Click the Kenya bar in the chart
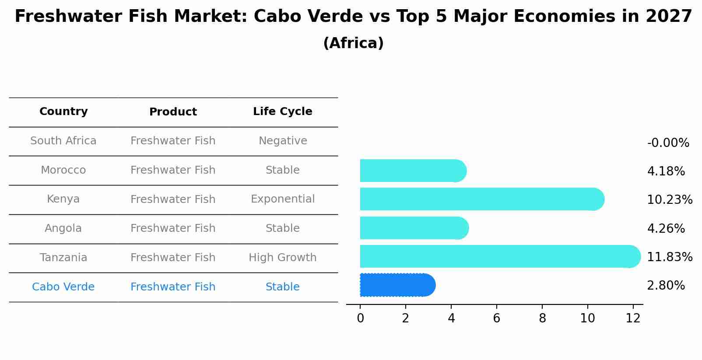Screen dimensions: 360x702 pyautogui.click(x=481, y=199)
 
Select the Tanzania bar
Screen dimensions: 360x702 pyautogui.click(x=499, y=256)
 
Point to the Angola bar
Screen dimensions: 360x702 pyautogui.click(x=414, y=228)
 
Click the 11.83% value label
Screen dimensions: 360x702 pyautogui.click(x=669, y=257)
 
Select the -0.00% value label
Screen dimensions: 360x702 pyautogui.click(x=668, y=143)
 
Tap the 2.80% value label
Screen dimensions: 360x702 pyautogui.click(x=665, y=286)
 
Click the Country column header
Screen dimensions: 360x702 pyautogui.click(x=63, y=112)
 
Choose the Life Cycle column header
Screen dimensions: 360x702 pyautogui.click(x=282, y=112)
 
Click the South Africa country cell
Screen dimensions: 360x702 pyautogui.click(x=63, y=141)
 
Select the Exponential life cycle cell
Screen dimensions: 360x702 pyautogui.click(x=282, y=199)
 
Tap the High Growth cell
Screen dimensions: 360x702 pyautogui.click(x=282, y=258)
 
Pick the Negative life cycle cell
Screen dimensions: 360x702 pyautogui.click(x=282, y=141)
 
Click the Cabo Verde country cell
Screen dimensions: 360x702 pyautogui.click(x=63, y=287)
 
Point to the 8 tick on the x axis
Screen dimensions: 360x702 pyautogui.click(x=542, y=318)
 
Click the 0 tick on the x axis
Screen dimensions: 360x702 pyautogui.click(x=360, y=318)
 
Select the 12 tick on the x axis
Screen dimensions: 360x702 pyautogui.click(x=633, y=318)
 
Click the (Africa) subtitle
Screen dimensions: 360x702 pyautogui.click(x=353, y=43)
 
